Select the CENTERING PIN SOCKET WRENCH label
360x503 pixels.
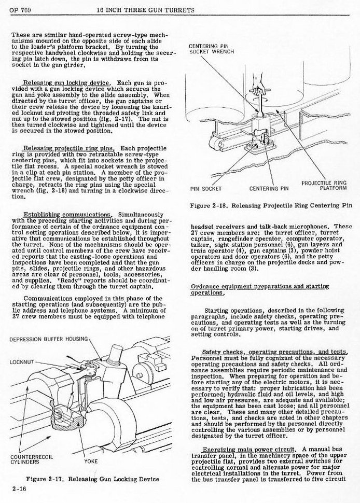[x=212, y=48]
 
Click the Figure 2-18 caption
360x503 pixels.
[x=272, y=206]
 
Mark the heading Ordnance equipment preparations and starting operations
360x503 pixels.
[x=260, y=289]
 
